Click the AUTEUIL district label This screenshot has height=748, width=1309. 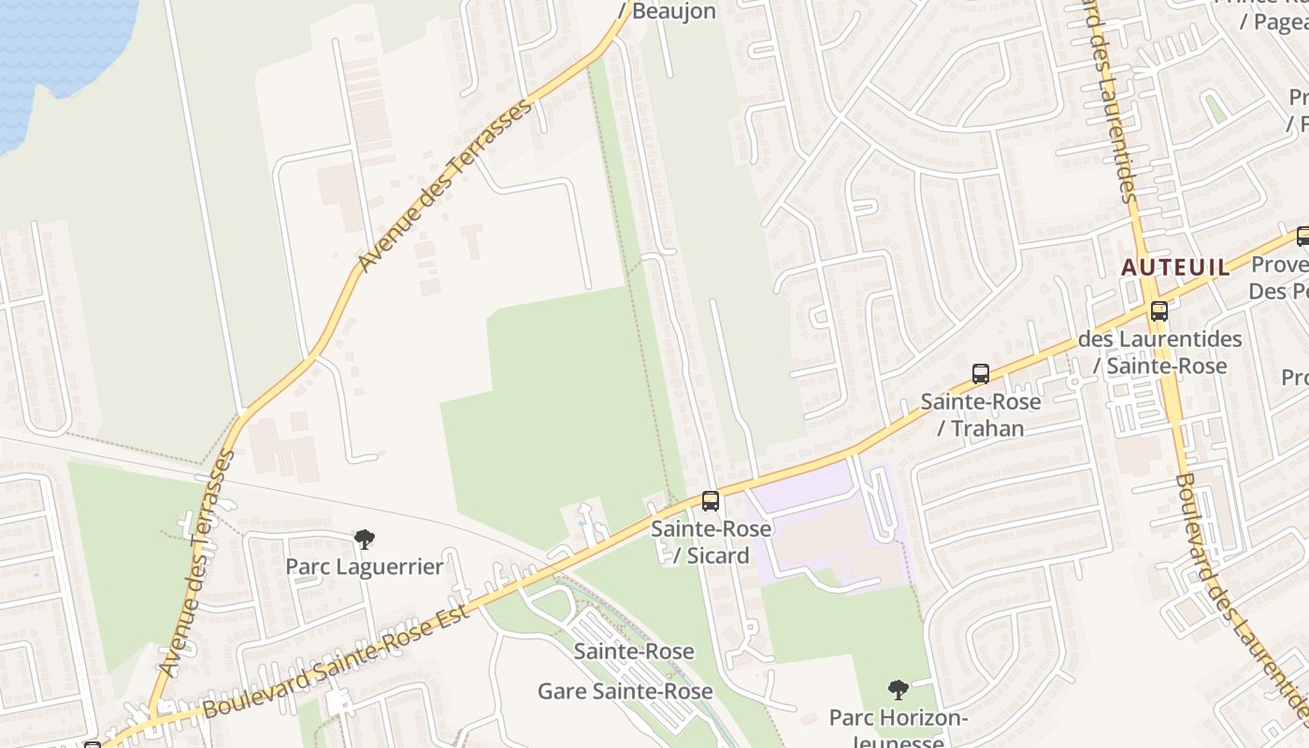pyautogui.click(x=1175, y=267)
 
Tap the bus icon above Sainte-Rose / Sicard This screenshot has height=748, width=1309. pyautogui.click(x=711, y=501)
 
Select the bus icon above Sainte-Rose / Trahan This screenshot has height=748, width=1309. pyautogui.click(x=981, y=374)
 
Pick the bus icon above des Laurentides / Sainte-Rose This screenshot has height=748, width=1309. pyautogui.click(x=1159, y=311)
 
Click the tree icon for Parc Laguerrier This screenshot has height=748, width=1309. pyautogui.click(x=365, y=539)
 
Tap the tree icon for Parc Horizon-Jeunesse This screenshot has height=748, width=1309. pyautogui.click(x=899, y=691)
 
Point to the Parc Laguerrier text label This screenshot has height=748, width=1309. pyautogui.click(x=364, y=567)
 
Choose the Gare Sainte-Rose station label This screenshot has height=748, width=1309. pyautogui.click(x=625, y=692)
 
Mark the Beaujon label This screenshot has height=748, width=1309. pyautogui.click(x=674, y=11)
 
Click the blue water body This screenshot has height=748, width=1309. pyautogui.click(x=56, y=47)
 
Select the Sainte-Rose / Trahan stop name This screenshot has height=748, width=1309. pyautogui.click(x=981, y=415)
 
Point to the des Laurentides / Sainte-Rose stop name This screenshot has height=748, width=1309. pyautogui.click(x=1160, y=352)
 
